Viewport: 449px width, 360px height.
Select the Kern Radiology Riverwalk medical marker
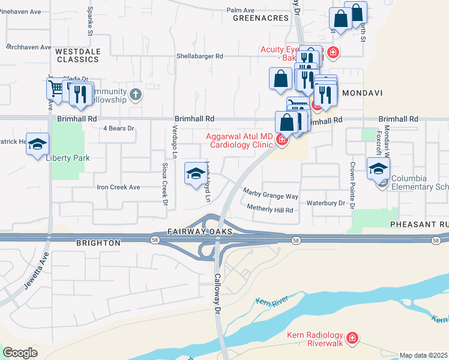point(352,340)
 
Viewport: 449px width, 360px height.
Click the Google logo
point(20,353)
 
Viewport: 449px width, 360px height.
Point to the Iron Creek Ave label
point(118,187)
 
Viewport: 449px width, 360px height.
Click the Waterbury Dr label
point(326,203)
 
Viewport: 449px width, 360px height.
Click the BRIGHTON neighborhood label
point(98,243)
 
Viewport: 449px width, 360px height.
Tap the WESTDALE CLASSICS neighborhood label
point(77,56)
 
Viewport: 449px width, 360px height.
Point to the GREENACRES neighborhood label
point(261,19)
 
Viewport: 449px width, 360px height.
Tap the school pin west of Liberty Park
point(37,144)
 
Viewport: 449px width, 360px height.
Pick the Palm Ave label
point(240,10)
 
